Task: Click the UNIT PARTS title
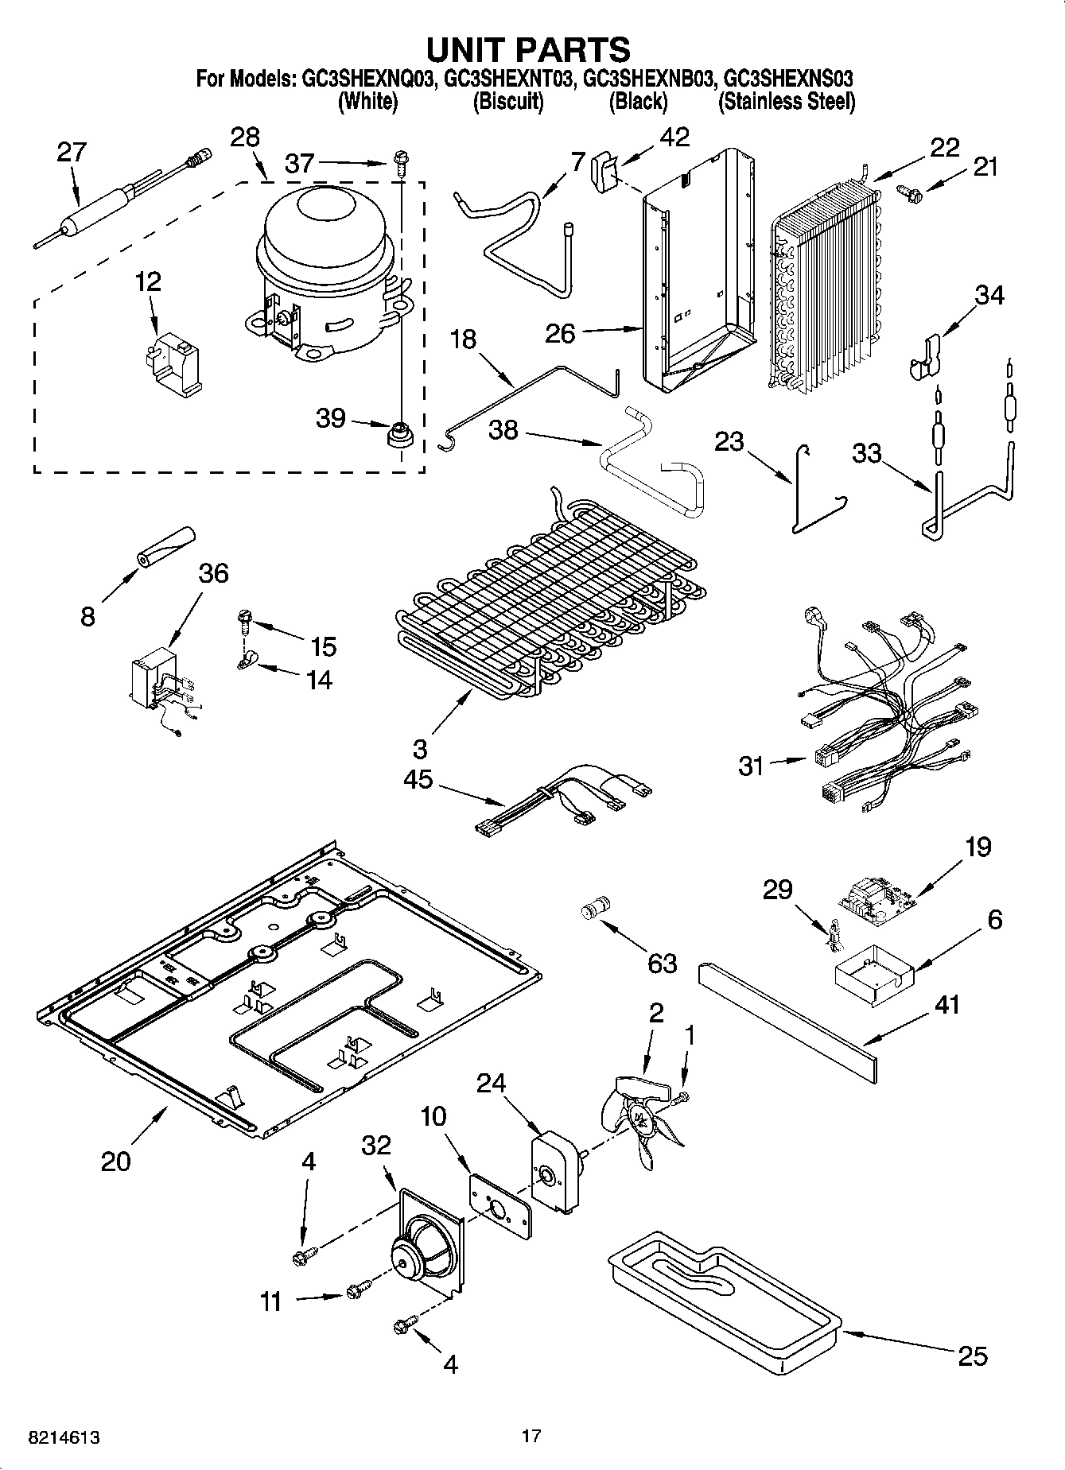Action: pos(528,49)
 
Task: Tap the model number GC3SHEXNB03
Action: pos(647,79)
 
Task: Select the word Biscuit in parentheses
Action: pos(508,102)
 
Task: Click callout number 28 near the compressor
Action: pos(244,137)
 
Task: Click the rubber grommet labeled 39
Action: pos(398,434)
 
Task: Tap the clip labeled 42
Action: pos(606,171)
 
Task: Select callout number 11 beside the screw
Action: pos(271,1301)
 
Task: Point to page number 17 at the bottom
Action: pos(531,1436)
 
